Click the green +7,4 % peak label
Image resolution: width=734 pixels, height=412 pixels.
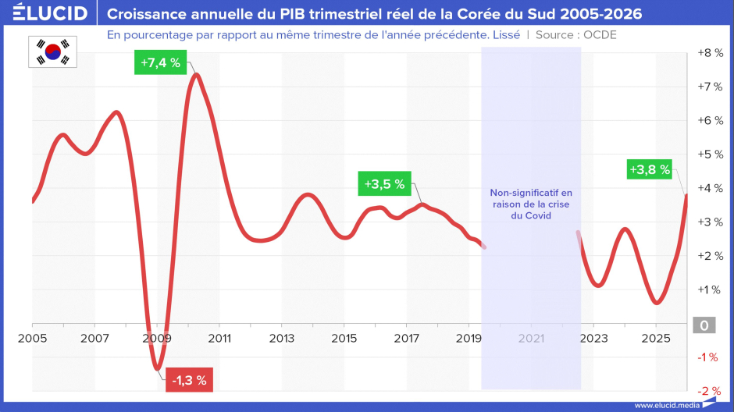pos(161,62)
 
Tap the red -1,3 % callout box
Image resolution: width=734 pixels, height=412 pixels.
pos(189,380)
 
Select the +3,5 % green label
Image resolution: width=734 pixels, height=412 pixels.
pos(384,184)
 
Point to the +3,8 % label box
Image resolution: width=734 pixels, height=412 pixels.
pos(649,169)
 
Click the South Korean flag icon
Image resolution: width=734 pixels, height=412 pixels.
pos(52,52)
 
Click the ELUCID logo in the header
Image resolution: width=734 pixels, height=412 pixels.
pos(50,12)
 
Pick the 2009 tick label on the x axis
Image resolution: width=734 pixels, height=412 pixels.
pos(157,338)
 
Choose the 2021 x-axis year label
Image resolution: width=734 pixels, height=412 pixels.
pos(531,338)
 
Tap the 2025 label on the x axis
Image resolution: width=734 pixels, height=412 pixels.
pos(656,338)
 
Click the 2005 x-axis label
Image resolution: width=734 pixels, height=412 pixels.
pos(32,338)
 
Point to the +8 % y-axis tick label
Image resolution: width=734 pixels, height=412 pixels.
pos(710,53)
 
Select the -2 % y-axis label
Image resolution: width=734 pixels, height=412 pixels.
pos(709,391)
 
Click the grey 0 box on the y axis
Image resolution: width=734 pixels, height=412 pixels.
pos(704,325)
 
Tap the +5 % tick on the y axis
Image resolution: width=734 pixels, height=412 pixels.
pos(710,154)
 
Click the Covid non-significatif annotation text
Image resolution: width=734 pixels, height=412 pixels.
pos(531,204)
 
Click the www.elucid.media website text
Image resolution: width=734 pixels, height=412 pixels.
pos(667,406)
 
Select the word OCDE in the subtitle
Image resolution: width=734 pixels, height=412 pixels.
pos(600,35)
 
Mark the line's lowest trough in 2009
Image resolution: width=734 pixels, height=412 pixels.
pos(157,368)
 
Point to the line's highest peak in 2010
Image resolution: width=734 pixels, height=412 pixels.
pos(197,75)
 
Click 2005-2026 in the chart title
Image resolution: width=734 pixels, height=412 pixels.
pos(600,14)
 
